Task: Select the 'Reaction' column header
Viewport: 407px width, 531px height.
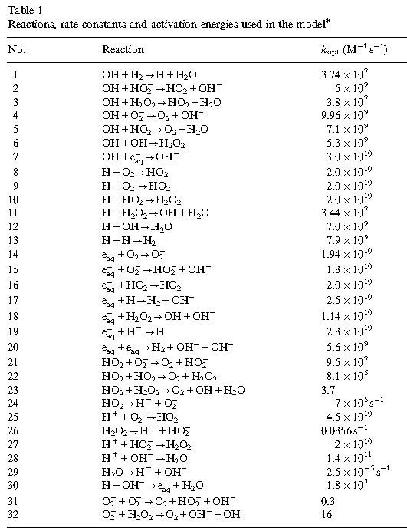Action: [123, 49]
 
